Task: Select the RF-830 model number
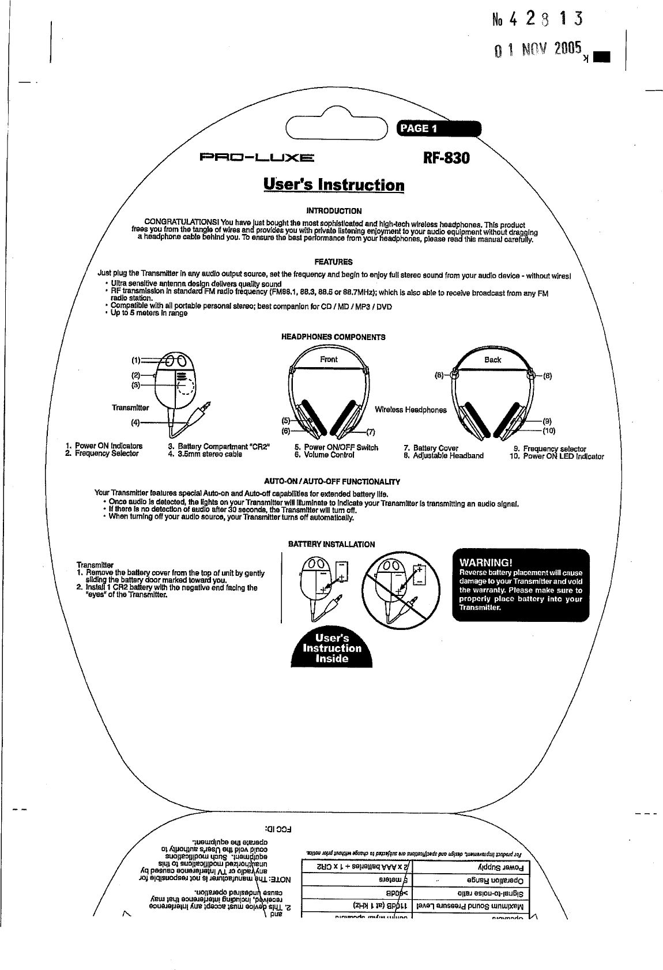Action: click(447, 157)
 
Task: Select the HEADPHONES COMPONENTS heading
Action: click(333, 337)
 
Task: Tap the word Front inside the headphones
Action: click(329, 359)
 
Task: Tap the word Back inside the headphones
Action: click(492, 360)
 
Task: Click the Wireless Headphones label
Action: click(410, 410)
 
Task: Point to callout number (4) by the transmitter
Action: click(135, 421)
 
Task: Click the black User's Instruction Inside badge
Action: click(333, 647)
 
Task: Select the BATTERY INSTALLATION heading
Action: click(331, 544)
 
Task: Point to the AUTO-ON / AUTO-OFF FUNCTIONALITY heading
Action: click(331, 482)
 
